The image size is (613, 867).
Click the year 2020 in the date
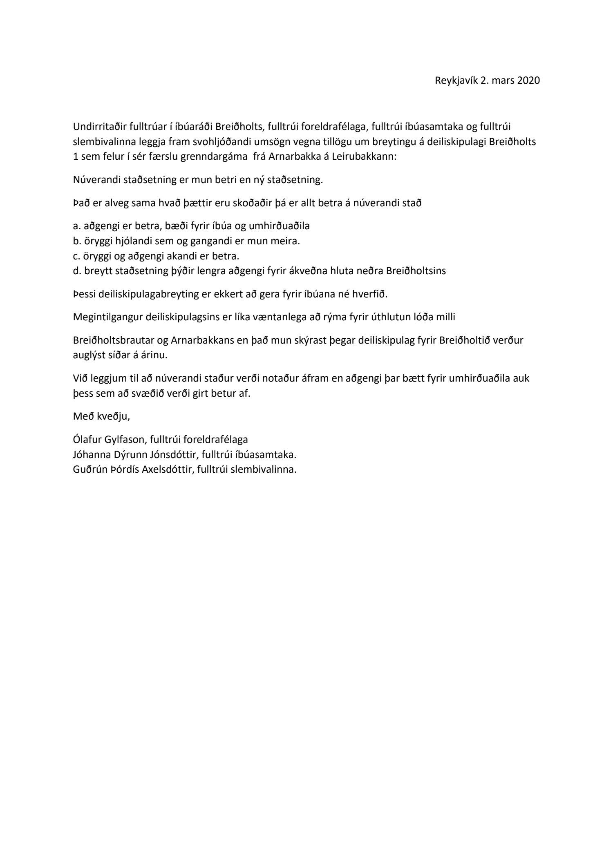(x=529, y=80)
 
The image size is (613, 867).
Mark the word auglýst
(x=88, y=355)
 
